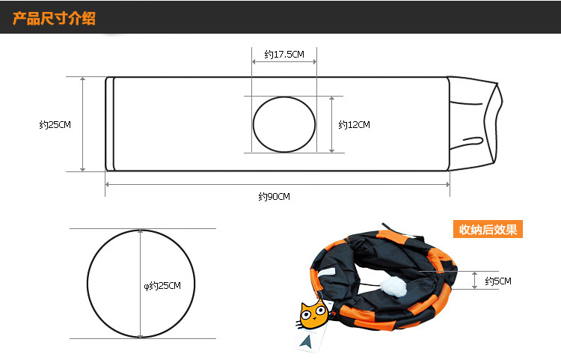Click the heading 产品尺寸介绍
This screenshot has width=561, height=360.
click(x=54, y=18)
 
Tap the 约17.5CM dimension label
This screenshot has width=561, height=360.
click(x=284, y=55)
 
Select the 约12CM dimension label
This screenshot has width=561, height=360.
click(x=354, y=125)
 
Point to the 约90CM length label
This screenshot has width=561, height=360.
click(x=274, y=197)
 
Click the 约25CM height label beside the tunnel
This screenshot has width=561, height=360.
click(x=55, y=125)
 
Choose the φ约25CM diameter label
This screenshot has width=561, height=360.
click(x=162, y=285)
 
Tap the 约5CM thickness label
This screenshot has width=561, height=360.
click(x=497, y=281)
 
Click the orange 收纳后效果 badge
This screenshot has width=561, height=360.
click(x=487, y=229)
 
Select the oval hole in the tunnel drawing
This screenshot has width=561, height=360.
click(x=284, y=124)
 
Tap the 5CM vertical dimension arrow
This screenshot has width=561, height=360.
click(x=474, y=280)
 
